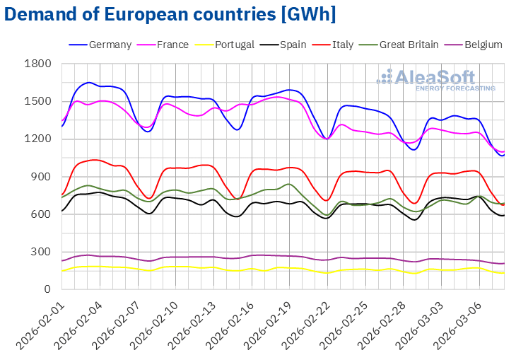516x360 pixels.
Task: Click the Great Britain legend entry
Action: (407, 45)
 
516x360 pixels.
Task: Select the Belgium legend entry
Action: (483, 45)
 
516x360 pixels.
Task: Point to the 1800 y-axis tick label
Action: (38, 64)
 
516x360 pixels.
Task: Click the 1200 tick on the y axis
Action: (38, 139)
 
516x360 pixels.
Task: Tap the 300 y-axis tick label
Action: (42, 252)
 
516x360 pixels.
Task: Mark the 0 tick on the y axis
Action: (48, 289)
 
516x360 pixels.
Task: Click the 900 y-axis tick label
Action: (42, 176)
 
